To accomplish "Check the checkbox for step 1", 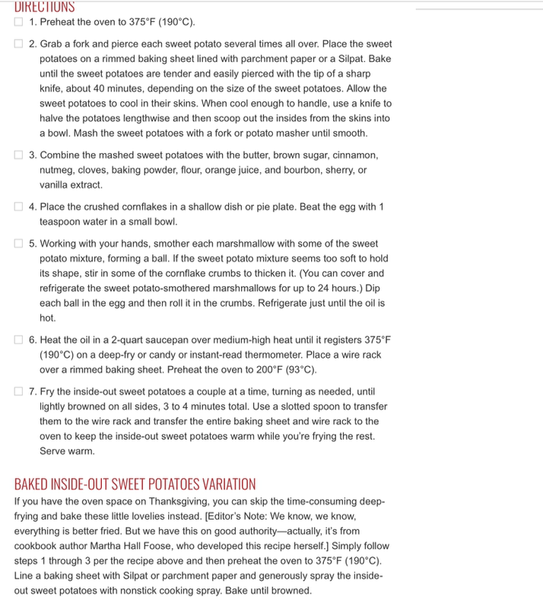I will (19, 22).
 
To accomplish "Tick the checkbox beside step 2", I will (19, 44).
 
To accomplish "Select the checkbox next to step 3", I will (19, 155).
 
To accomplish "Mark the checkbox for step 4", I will (19, 207).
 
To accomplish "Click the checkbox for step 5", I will (19, 244).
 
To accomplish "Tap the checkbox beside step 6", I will (19, 340).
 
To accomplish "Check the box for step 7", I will (19, 391).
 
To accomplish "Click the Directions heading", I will (45, 6).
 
